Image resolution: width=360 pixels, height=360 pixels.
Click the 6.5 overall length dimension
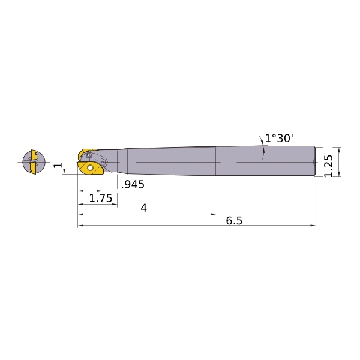(x=234, y=221)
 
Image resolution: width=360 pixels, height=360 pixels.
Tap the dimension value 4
(x=144, y=208)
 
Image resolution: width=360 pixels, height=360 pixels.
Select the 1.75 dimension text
(x=101, y=198)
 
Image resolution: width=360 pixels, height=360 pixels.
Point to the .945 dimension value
(x=133, y=184)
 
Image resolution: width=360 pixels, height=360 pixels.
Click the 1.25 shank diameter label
(x=329, y=166)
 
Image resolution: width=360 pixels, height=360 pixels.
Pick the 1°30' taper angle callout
(x=279, y=139)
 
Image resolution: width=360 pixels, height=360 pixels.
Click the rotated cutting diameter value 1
(x=58, y=166)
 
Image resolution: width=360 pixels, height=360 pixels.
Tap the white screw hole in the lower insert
(x=90, y=168)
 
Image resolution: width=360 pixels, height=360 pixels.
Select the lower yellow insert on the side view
(x=91, y=169)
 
